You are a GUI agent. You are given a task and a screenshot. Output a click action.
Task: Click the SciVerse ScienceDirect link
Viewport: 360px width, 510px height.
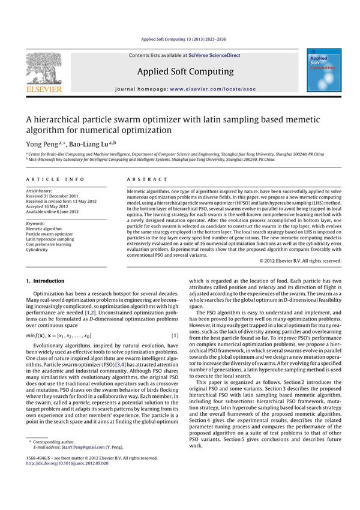coord(214,55)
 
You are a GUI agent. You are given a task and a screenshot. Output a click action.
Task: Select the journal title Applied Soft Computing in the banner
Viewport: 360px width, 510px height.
coord(185,72)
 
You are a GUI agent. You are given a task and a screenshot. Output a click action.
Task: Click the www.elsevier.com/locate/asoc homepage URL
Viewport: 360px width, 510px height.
coord(212,89)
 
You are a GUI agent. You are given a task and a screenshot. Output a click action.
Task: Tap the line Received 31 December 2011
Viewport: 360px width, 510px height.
coord(52,196)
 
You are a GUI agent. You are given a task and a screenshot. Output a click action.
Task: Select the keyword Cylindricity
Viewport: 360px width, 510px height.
coord(38,250)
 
